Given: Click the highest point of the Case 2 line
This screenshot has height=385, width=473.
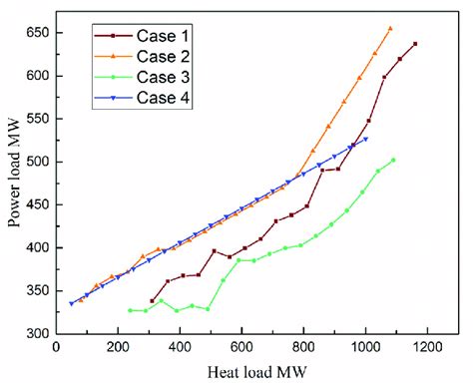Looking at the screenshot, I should (390, 29).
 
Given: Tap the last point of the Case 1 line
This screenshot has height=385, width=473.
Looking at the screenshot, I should (415, 44).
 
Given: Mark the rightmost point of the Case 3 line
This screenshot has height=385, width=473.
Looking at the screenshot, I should (393, 160).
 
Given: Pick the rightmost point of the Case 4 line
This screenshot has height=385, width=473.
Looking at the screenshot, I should (365, 139).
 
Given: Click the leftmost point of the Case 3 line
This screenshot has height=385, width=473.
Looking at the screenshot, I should (130, 310).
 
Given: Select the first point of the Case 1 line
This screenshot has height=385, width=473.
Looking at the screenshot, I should (152, 300).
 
